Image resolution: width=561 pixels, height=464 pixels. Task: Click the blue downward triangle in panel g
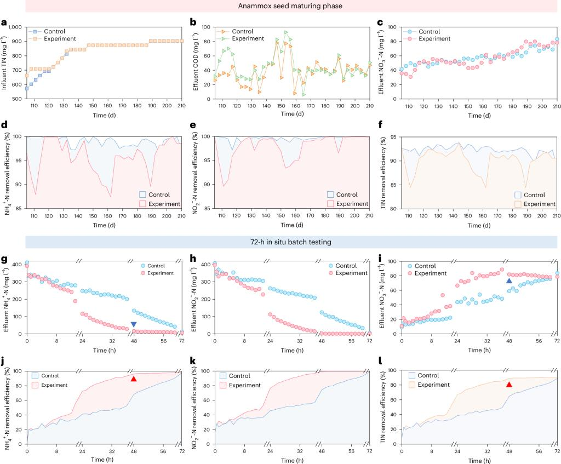(x=134, y=310)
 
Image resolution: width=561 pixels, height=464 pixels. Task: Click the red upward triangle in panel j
(x=134, y=379)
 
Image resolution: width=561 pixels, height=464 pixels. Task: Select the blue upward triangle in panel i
(x=509, y=281)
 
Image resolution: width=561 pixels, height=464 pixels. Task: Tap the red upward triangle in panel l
(x=509, y=385)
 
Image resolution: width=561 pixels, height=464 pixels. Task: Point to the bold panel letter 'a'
(x=4, y=22)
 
